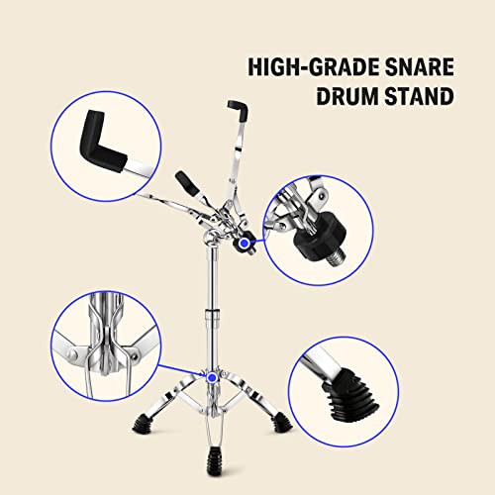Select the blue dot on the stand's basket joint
point(245,242)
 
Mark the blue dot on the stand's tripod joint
point(212,376)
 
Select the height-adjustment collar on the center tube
point(211,319)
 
